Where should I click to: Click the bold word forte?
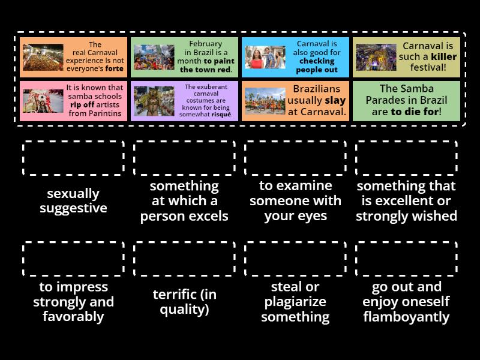point(114,68)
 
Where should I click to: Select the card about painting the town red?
point(184,57)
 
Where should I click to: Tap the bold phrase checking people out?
point(317,65)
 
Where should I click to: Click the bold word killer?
point(444,57)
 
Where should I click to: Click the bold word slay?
point(335,100)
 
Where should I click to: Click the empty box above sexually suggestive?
point(73,158)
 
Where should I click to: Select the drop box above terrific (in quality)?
point(184,259)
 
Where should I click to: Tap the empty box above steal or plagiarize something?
point(295,259)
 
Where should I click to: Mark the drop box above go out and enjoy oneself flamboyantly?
point(406,259)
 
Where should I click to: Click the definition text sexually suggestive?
point(73,201)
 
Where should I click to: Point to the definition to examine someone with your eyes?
point(295,201)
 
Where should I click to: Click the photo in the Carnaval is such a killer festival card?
point(376,58)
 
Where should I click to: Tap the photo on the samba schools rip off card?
point(43,101)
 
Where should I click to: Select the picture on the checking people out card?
point(265,58)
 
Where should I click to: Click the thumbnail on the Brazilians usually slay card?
point(265,101)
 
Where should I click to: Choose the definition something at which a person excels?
point(184,201)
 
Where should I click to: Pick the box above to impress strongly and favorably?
point(73,259)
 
